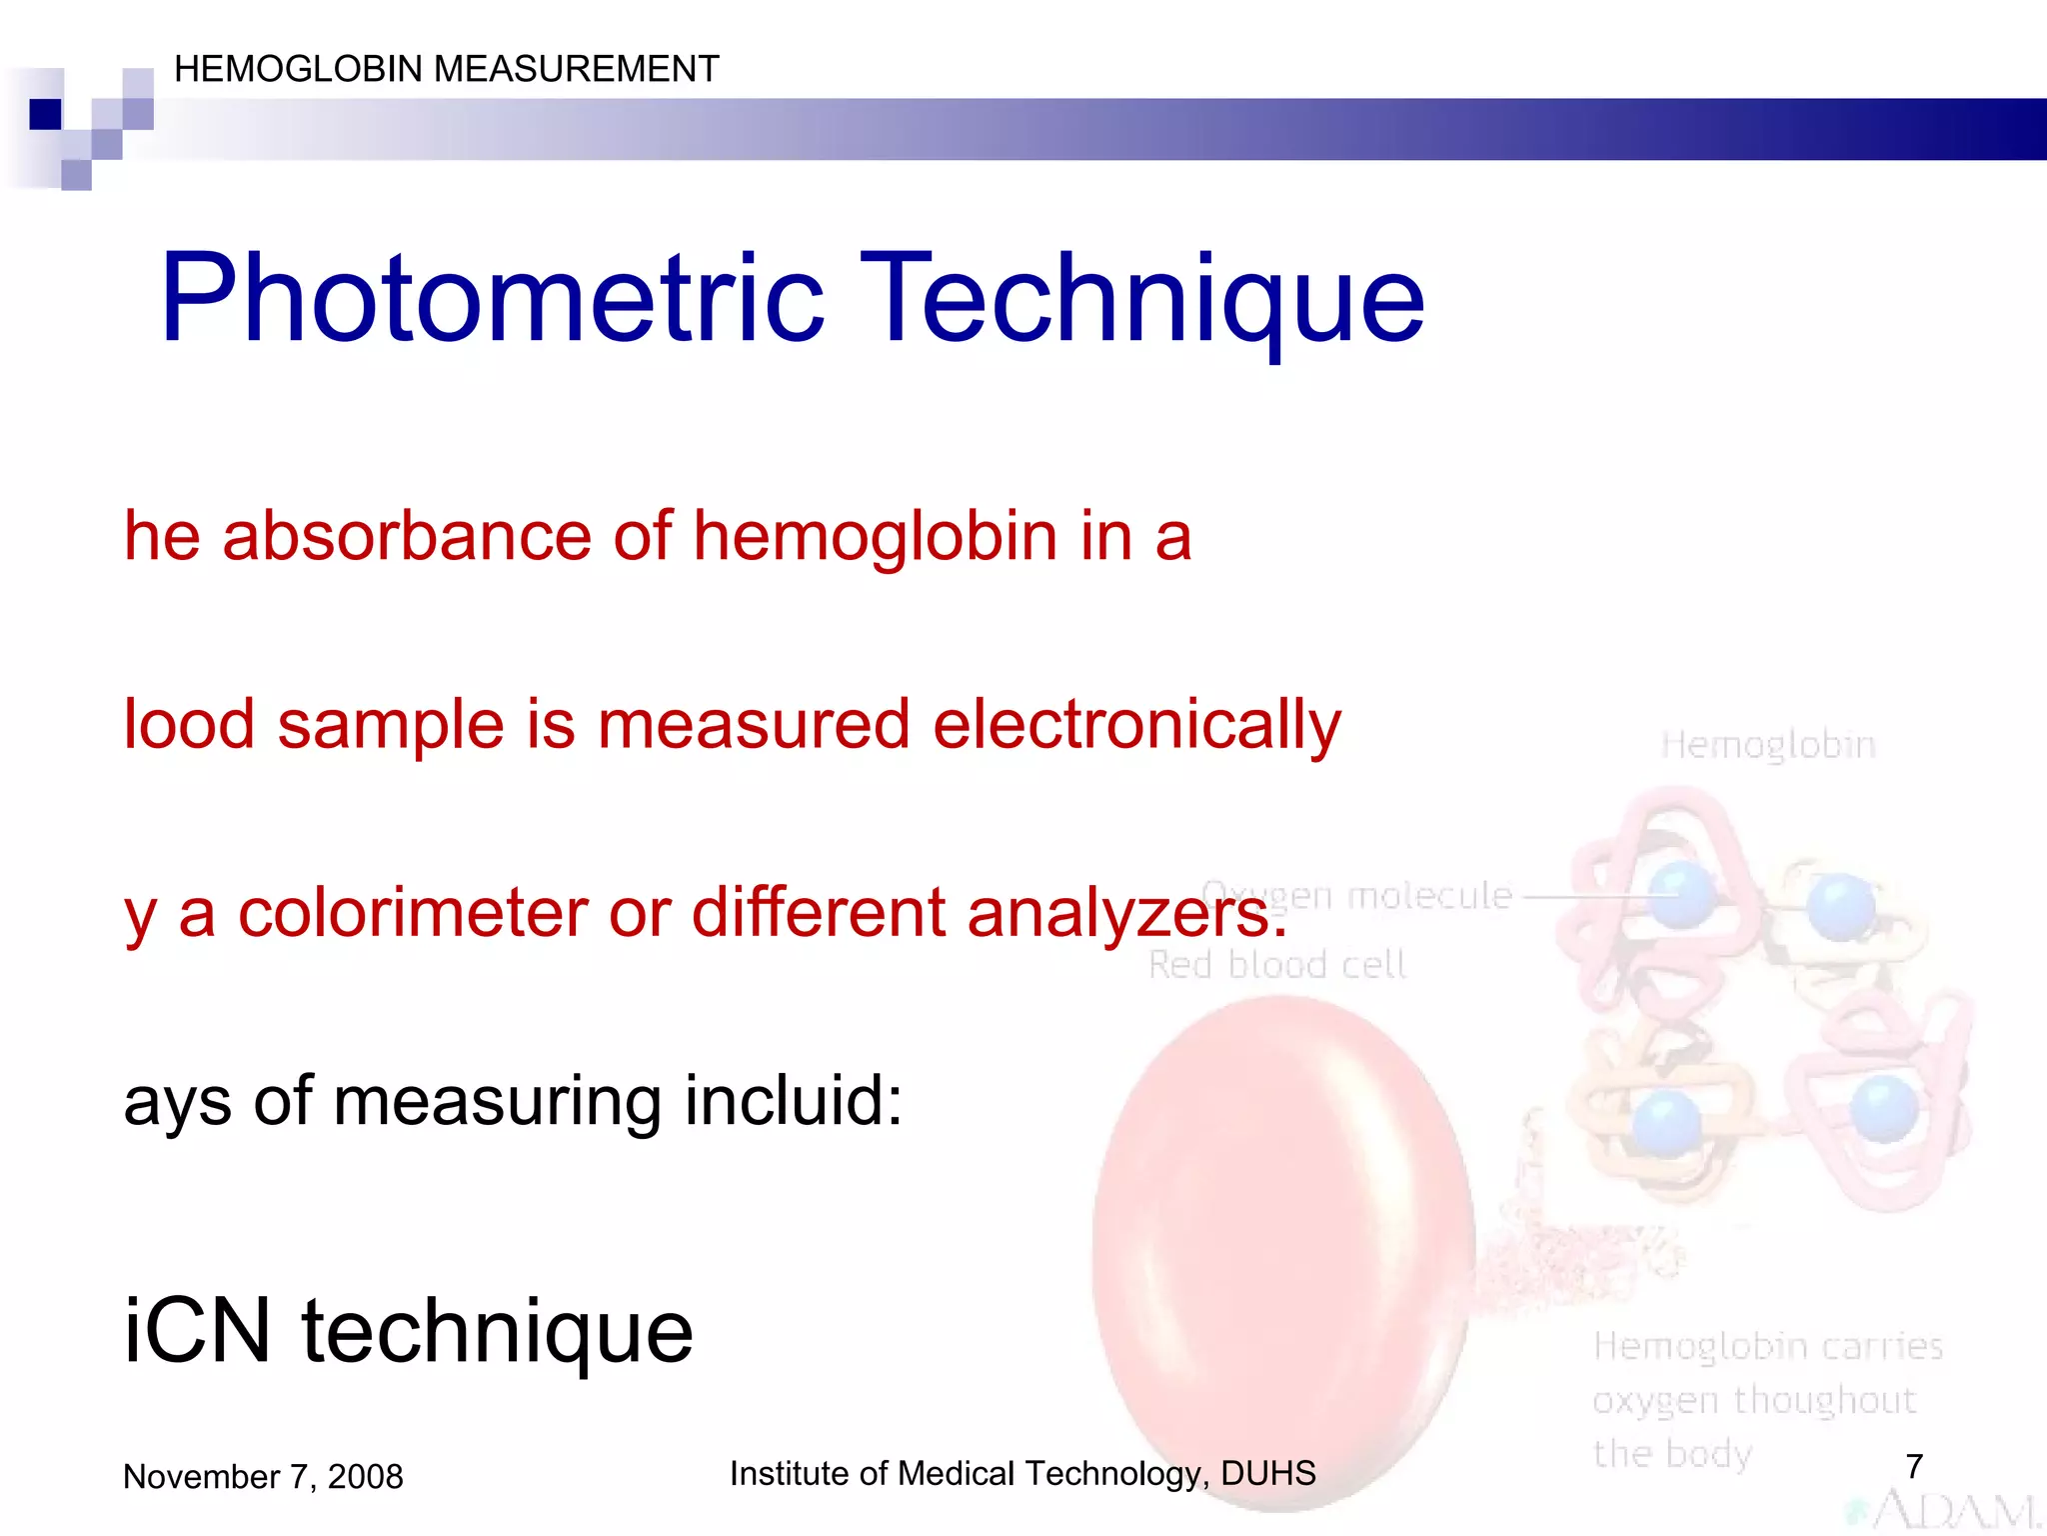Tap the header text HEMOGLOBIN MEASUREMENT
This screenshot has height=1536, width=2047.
pos(446,69)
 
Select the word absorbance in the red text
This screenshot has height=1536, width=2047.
pos(407,536)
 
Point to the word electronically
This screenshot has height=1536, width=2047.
pos(1136,724)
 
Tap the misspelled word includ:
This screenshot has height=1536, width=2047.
pos(794,1100)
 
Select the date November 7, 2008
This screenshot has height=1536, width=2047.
pos(263,1476)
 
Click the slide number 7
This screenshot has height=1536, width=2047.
pos(1914,1466)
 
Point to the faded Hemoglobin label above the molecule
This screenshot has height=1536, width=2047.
pos(1767,745)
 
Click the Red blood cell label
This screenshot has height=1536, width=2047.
pos(1276,965)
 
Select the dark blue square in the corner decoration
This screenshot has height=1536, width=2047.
pos(45,114)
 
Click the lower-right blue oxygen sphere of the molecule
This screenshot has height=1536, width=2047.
pos(1884,1107)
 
